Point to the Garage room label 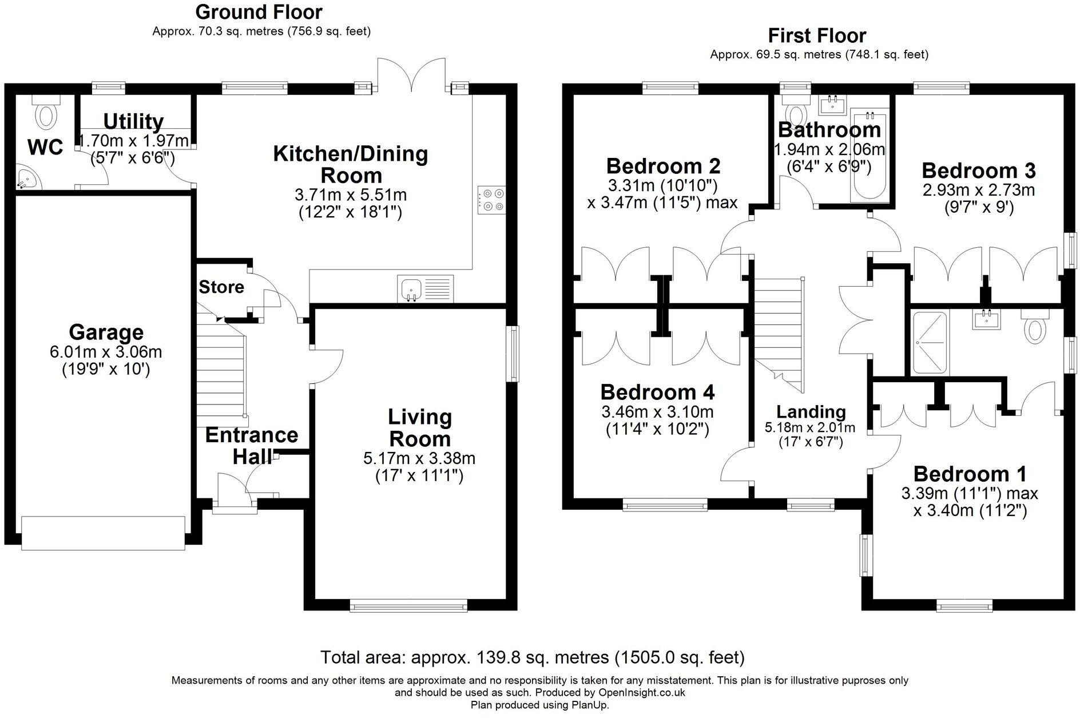(106, 332)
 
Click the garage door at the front (103, 533)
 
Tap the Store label (221, 287)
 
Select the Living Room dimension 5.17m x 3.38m (419, 458)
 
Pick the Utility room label (133, 121)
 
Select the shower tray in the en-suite (930, 343)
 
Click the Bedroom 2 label (663, 166)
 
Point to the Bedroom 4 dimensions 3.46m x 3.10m (657, 412)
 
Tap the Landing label (811, 411)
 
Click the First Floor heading (817, 35)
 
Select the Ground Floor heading (259, 11)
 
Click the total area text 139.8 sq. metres (532, 657)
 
